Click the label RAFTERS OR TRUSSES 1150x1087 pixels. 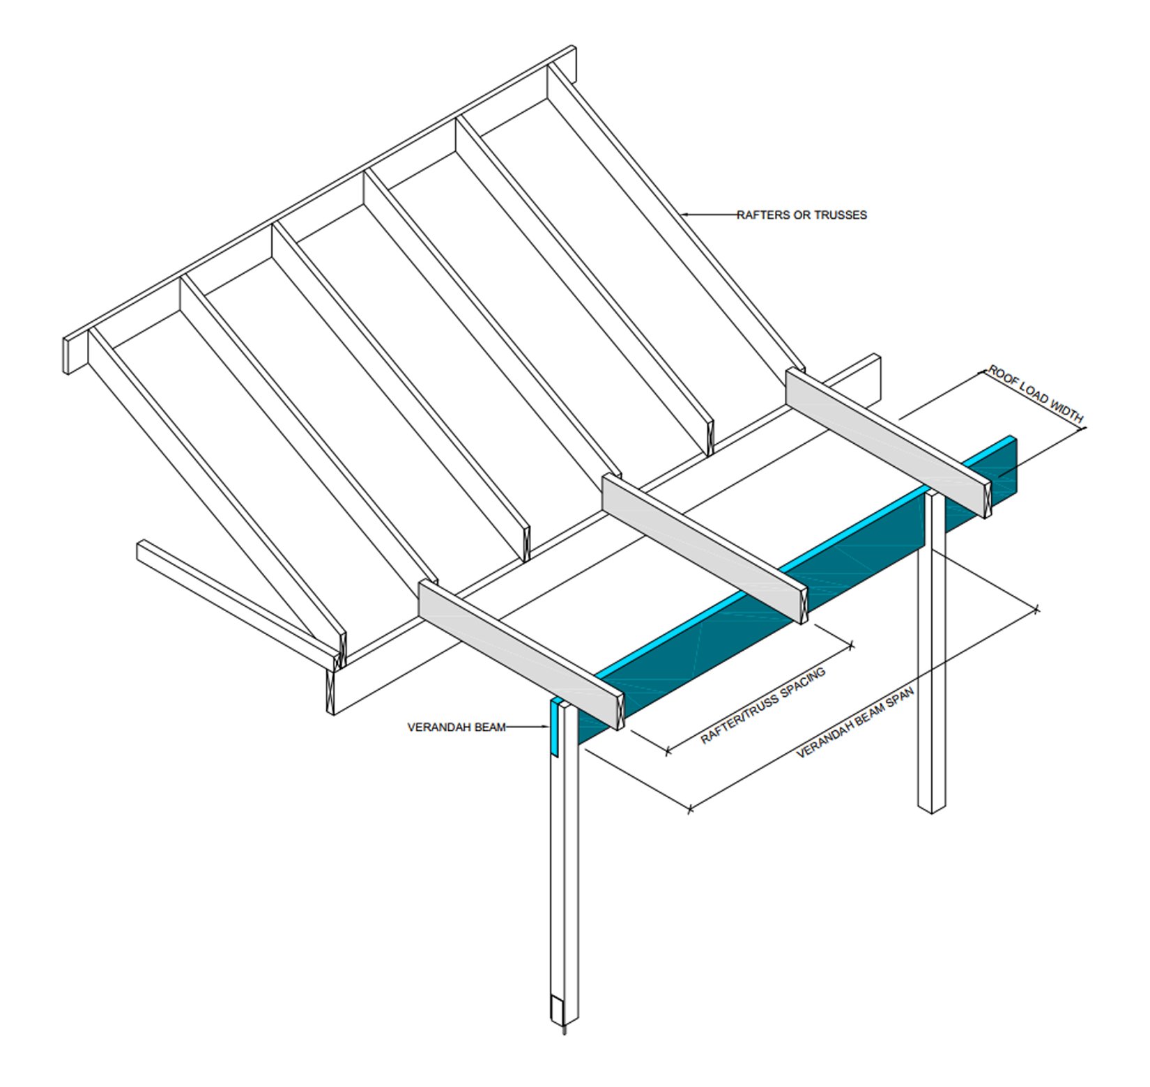(802, 215)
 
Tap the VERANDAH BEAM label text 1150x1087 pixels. (457, 727)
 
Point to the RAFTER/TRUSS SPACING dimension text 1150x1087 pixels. (763, 705)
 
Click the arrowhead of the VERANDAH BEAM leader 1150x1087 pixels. (546, 727)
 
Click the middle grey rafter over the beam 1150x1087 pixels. (704, 548)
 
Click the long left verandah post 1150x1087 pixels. (565, 864)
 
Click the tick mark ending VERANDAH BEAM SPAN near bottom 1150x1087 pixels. (690, 809)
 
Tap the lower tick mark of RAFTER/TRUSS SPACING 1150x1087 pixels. (668, 750)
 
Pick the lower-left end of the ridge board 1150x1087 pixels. (68, 356)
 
